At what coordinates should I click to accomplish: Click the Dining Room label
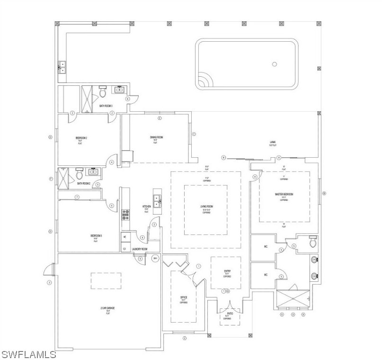point(157,137)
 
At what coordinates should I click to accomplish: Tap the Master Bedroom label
point(284,194)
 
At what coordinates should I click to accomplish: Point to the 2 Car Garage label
point(108,308)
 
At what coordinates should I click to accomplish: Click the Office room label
point(184,297)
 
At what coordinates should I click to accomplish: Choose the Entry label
point(227,271)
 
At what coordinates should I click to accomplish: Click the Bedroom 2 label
point(81,138)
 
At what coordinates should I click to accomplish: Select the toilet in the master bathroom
point(312,243)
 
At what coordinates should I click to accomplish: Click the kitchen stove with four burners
point(125,216)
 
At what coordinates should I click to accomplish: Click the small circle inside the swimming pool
point(274,64)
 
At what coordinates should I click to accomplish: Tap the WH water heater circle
point(155,259)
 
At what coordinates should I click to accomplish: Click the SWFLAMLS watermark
point(28,354)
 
